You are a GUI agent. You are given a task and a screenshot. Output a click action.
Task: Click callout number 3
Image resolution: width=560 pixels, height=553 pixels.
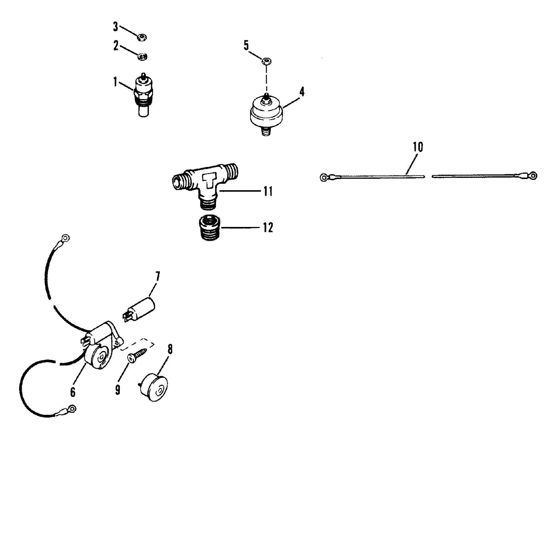coord(116,27)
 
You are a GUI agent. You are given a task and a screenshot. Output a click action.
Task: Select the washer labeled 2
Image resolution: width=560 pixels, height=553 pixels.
coord(143,56)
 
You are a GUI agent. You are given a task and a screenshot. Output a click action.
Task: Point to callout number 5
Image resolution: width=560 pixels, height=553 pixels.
coord(246,46)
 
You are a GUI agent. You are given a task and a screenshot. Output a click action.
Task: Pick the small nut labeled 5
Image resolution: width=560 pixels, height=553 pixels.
coord(267,61)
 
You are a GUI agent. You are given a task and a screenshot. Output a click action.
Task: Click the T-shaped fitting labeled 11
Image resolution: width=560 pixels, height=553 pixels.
coord(205,185)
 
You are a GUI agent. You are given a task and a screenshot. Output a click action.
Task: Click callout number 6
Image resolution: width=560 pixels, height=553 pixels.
coord(72,392)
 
